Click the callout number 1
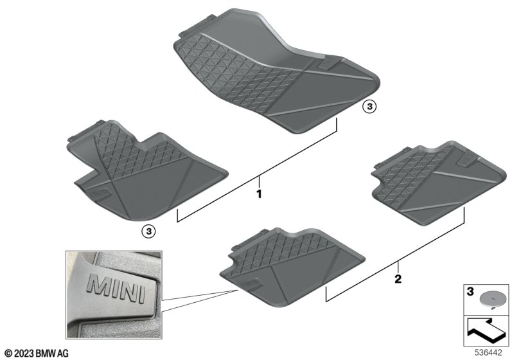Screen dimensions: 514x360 pos(259,194)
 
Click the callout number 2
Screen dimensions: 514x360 pos(398,279)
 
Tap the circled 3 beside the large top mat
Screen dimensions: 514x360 pos(369,107)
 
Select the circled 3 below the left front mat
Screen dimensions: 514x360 pos(148,232)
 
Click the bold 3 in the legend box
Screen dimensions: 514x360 pos(470,291)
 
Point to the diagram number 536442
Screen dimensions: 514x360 pos(488,352)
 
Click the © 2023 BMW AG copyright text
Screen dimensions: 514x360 pos(37,353)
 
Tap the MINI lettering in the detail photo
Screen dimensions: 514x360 pos(117,288)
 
